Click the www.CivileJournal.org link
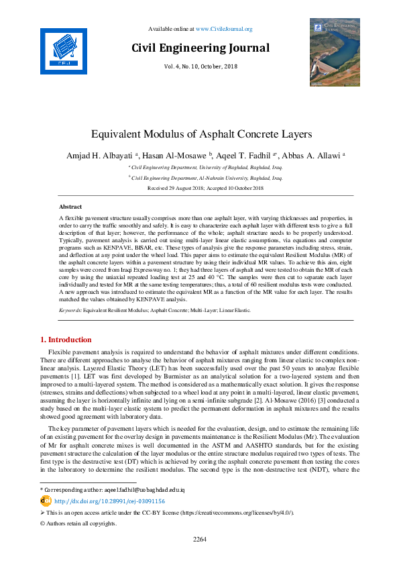(224, 29)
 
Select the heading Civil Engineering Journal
(201, 48)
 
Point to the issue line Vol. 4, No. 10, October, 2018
(201, 66)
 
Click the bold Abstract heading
(70, 207)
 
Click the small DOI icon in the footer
(46, 501)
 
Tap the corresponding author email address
(144, 490)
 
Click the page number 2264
(199, 539)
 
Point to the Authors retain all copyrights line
(78, 523)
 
